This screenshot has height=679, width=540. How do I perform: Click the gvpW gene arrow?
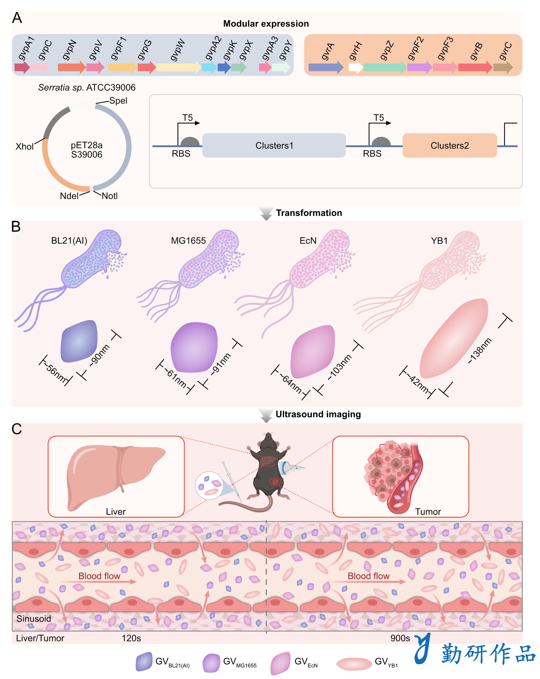click(178, 67)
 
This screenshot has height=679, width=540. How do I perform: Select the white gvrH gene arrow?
click(356, 67)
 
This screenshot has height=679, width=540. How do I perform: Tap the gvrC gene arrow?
click(503, 67)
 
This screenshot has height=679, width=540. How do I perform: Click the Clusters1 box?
click(274, 145)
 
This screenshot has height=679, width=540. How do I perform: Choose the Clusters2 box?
click(450, 145)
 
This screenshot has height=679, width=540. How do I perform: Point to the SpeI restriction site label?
click(118, 101)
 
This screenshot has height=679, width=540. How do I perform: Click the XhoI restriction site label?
click(25, 146)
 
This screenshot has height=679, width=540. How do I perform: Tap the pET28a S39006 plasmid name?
click(87, 150)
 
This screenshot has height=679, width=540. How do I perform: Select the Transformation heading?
click(309, 213)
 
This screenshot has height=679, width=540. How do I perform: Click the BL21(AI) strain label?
click(69, 241)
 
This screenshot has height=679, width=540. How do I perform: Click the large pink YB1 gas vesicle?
click(454, 338)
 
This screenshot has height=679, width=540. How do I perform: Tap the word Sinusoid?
click(34, 619)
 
